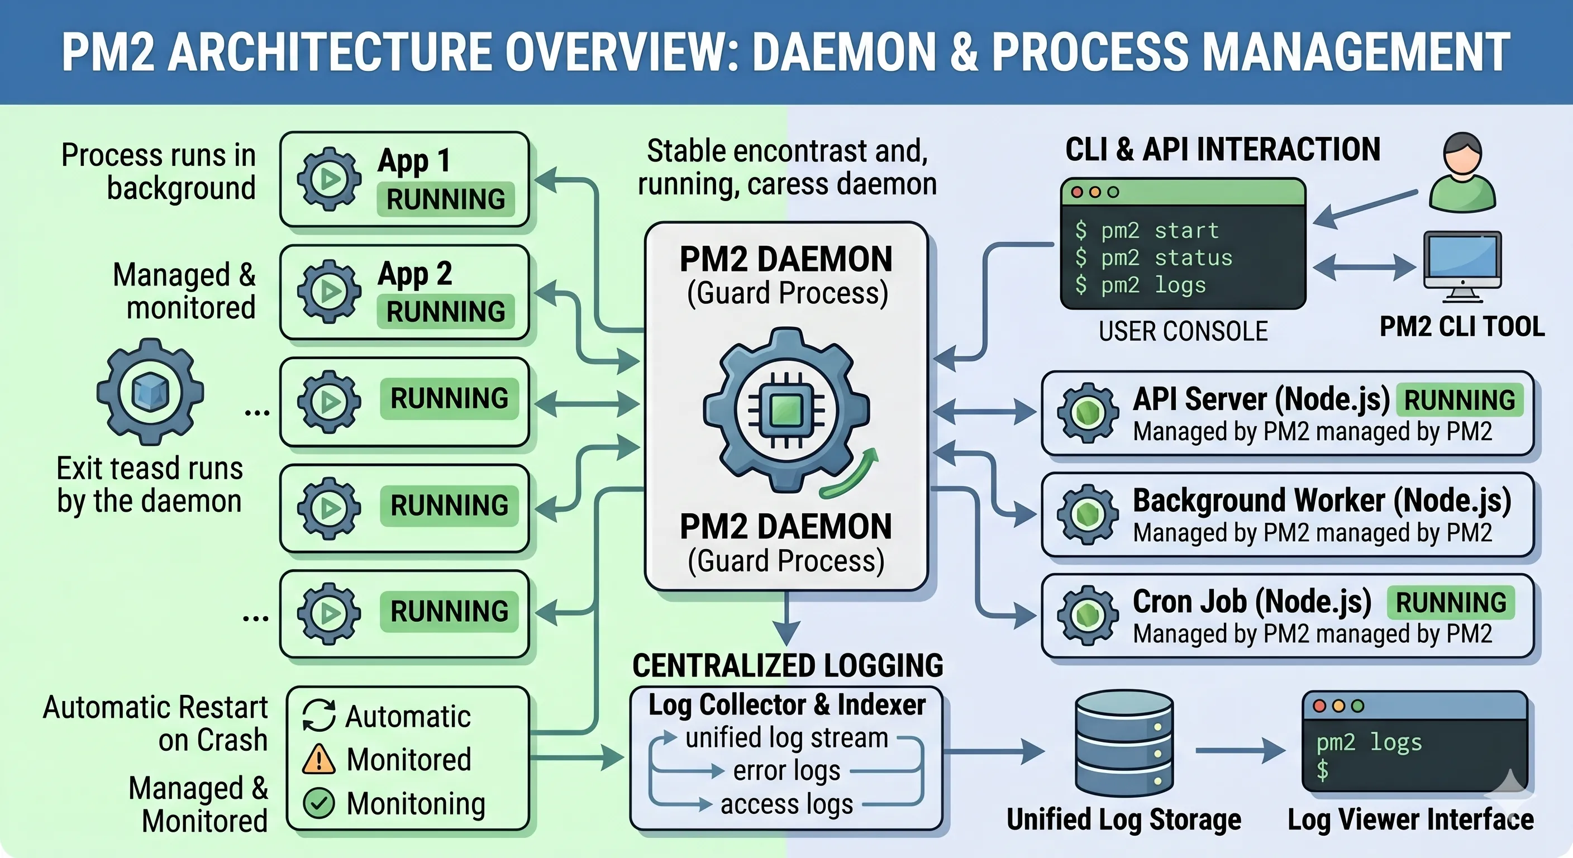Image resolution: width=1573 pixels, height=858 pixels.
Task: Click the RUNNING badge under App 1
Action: point(446,199)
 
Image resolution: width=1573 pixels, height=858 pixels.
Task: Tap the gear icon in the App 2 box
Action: point(329,291)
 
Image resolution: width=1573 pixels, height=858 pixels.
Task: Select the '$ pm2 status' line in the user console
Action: point(1153,258)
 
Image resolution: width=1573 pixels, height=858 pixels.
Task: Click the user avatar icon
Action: point(1462,173)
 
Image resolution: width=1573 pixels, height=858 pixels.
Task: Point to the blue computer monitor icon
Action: point(1462,266)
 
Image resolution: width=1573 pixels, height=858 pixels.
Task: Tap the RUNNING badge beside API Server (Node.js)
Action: point(1460,400)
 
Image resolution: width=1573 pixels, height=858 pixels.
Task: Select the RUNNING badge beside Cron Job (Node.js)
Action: point(1451,603)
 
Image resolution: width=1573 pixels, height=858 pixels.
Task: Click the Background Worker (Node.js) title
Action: point(1322,500)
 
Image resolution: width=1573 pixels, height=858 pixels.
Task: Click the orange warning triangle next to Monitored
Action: point(318,759)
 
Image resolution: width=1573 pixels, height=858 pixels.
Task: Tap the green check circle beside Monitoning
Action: point(319,803)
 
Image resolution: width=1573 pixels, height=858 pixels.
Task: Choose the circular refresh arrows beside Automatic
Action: point(319,715)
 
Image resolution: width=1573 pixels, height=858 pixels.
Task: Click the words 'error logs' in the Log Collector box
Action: point(786,771)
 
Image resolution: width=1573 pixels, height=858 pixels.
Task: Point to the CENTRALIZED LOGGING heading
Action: point(788,665)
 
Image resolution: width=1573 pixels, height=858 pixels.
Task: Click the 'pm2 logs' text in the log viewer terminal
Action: point(1369,742)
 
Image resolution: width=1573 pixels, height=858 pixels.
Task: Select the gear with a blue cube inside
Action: point(150,392)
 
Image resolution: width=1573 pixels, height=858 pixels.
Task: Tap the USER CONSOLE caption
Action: point(1184,331)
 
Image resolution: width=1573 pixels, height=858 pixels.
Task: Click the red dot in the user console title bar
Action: point(1077,192)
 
